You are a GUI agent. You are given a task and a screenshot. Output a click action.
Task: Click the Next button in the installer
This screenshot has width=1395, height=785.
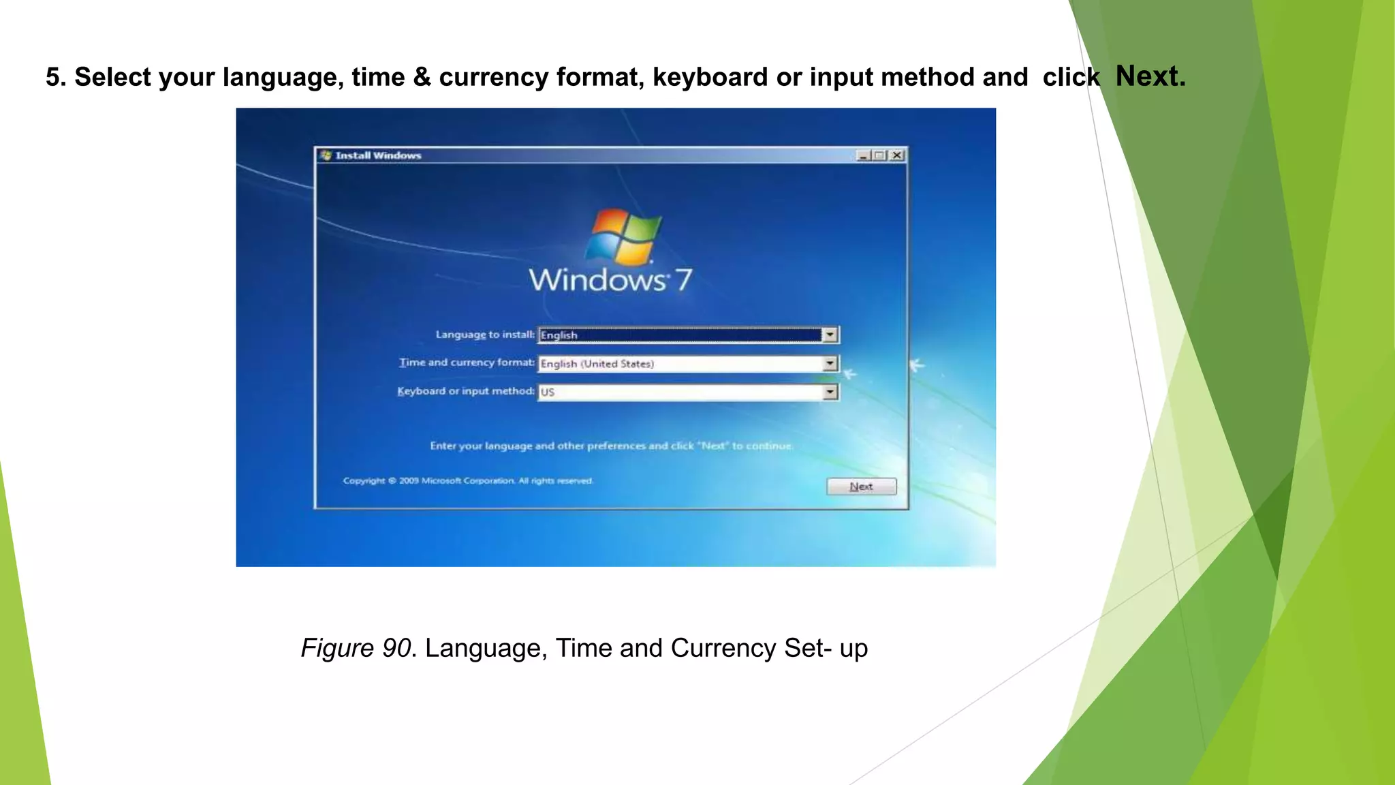[861, 487]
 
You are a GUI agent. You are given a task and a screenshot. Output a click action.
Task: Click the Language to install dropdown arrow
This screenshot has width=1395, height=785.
[830, 335]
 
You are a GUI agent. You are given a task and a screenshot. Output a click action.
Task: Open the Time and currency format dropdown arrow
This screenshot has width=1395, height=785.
[830, 363]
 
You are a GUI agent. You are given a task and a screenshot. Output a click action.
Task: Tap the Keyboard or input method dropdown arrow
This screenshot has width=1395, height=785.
[830, 392]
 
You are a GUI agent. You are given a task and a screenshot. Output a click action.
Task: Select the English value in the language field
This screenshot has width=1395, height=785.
[559, 335]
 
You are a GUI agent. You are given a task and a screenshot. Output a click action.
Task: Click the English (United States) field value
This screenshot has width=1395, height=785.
[597, 364]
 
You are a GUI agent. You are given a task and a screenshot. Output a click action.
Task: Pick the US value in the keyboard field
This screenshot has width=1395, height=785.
[548, 392]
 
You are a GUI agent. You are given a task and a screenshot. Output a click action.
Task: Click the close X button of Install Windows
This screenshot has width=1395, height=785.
[897, 155]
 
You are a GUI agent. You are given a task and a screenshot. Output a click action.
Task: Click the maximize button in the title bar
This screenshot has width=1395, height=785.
[880, 155]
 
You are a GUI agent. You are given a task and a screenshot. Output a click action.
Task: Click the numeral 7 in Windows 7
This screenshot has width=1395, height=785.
[683, 279]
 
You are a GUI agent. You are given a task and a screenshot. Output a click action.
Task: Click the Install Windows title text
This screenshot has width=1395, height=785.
[378, 155]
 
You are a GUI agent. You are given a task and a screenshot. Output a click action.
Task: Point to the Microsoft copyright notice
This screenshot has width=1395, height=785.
[468, 481]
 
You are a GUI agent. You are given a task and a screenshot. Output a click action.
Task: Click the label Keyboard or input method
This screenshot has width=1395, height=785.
[466, 391]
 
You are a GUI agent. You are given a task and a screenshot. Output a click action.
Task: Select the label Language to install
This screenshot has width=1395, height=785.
[485, 335]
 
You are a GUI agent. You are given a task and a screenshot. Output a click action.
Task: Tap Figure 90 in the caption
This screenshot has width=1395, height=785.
[356, 648]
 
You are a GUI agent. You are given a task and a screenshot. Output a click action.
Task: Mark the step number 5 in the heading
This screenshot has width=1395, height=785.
[53, 78]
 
